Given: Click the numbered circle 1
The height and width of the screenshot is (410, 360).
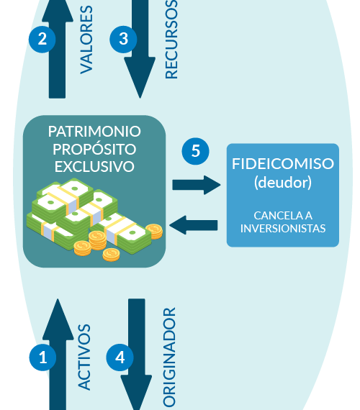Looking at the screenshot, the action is (42, 357).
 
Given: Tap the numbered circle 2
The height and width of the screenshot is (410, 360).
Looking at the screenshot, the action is (42, 40).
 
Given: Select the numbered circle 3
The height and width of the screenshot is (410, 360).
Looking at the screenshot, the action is (123, 40).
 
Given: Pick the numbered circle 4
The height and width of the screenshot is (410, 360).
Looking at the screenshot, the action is (120, 357).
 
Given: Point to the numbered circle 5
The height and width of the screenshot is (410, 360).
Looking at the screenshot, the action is (196, 151).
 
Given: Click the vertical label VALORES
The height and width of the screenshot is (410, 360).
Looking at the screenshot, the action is (86, 40).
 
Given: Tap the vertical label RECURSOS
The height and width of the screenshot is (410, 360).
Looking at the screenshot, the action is (171, 40).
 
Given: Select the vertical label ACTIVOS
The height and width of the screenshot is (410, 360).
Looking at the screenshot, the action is (84, 357).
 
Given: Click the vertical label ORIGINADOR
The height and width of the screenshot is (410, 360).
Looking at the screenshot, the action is (169, 357).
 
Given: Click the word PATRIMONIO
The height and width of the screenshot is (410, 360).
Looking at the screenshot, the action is (94, 131).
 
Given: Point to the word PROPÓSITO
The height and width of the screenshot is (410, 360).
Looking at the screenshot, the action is (94, 148).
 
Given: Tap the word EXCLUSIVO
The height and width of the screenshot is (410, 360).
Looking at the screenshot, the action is (94, 167).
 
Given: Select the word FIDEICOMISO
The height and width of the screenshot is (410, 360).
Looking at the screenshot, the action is (283, 164).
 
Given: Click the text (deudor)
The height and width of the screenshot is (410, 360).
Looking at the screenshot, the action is (283, 183).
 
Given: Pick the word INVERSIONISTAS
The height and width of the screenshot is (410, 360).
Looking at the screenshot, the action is (283, 229).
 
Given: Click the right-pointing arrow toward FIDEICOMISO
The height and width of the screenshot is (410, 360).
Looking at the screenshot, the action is (197, 185).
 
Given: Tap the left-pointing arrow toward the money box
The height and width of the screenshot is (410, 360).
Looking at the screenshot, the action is (194, 225).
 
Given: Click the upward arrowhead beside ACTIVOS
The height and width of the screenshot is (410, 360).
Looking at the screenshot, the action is (58, 319).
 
